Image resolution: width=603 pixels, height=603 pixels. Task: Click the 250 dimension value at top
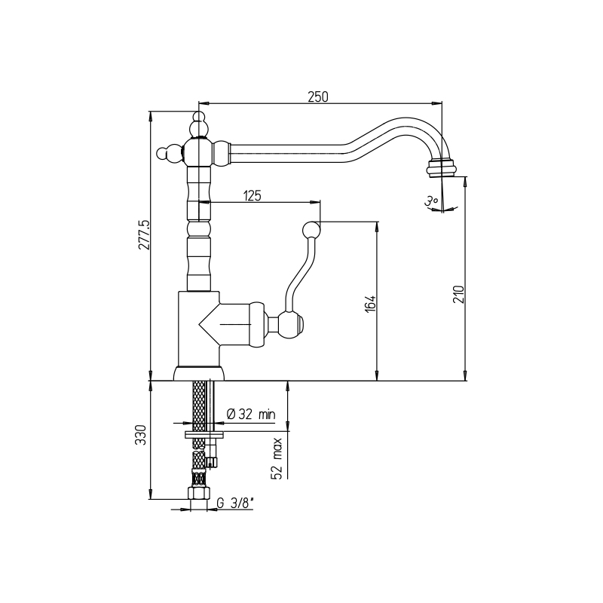coord(318,97)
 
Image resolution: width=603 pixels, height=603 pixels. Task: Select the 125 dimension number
coord(253,196)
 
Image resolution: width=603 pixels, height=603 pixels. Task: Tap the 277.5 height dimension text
coord(144,234)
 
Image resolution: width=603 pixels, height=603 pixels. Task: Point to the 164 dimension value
coord(370,304)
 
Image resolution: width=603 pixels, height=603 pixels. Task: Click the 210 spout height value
coord(459,294)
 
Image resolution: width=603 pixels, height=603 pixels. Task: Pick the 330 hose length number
coord(141,435)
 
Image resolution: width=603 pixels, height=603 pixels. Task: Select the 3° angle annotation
coord(431,201)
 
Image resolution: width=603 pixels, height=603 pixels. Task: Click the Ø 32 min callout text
coord(251,414)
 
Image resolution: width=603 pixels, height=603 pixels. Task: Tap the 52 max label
coord(277,459)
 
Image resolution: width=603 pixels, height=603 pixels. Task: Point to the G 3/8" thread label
coord(235,503)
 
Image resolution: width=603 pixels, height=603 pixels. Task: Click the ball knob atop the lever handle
coord(311,231)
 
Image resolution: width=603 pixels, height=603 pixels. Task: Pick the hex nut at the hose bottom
coord(198,493)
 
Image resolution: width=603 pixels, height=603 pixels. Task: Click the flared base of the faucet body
coord(198,373)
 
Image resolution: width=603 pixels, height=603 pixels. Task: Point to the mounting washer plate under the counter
coord(204,435)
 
